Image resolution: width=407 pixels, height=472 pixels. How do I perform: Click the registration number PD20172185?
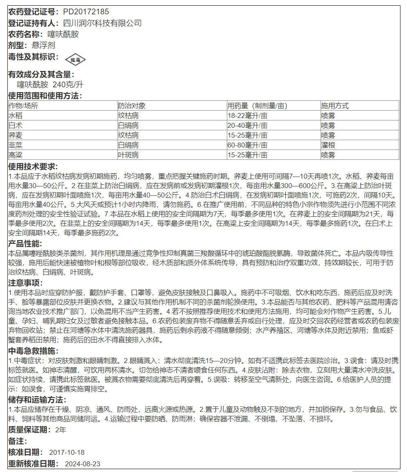pyautogui.click(x=86, y=12)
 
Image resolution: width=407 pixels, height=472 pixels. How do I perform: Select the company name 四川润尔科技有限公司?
pyautogui.click(x=102, y=23)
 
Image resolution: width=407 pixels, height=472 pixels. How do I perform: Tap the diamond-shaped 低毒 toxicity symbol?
pyautogui.click(x=75, y=60)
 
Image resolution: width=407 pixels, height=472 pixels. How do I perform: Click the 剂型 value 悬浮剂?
pyautogui.click(x=43, y=45)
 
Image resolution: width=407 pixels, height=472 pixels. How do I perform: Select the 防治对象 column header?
pyautogui.click(x=131, y=106)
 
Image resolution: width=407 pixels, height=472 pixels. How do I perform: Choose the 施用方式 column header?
pyautogui.click(x=335, y=106)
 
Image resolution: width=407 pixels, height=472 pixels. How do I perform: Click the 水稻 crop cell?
pyautogui.click(x=16, y=116)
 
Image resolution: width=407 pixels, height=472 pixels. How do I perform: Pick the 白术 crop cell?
pyautogui.click(x=16, y=125)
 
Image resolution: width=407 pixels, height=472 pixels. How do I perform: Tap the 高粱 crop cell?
pyautogui.click(x=16, y=155)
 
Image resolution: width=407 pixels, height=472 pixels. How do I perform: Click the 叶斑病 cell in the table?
pyautogui.click(x=128, y=155)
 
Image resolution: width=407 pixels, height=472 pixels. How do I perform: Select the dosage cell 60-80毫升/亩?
pyautogui.click(x=247, y=145)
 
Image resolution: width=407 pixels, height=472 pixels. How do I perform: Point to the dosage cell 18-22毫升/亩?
pyautogui.click(x=247, y=116)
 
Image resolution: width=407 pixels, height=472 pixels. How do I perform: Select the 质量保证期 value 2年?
pyautogui.click(x=61, y=430)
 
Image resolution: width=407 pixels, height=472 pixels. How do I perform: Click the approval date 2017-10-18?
pyautogui.click(x=67, y=452)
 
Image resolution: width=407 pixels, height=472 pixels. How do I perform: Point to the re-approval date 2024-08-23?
pyautogui.click(x=83, y=464)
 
